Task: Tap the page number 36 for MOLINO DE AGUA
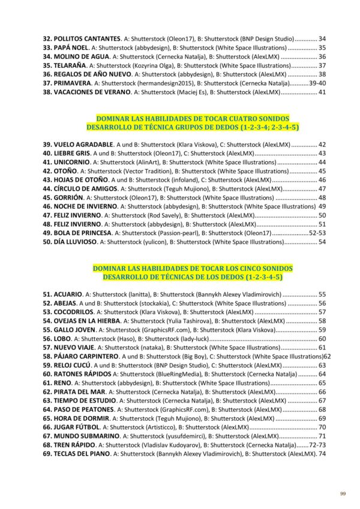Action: pyautogui.click(x=322, y=56)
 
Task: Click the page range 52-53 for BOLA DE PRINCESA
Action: pyautogui.click(x=317, y=232)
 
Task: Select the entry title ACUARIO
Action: pyautogui.click(x=68, y=295)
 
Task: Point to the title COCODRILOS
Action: pyautogui.click(x=74, y=312)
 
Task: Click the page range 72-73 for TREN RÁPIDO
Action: pyautogui.click(x=317, y=445)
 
